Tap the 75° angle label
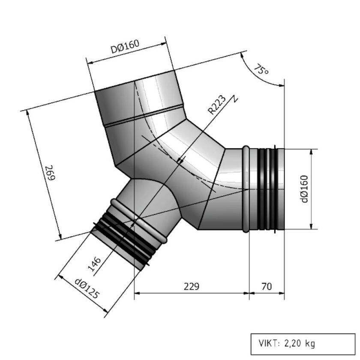click(261, 69)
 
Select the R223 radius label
click(217, 105)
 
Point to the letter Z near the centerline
click(234, 98)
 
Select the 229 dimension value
click(191, 286)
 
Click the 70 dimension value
click(266, 286)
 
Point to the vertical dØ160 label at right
click(304, 189)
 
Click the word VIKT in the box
click(267, 343)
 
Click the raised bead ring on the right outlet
click(246, 189)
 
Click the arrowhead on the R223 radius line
click(180, 160)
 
